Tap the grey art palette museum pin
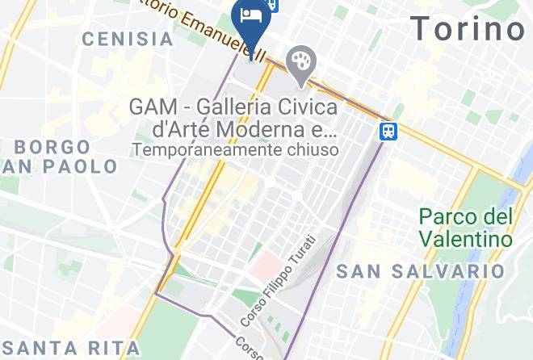[x=301, y=62]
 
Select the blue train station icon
[x=389, y=130]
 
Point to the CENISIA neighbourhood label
[x=128, y=38]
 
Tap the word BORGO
[x=52, y=147]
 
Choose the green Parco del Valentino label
[x=466, y=228]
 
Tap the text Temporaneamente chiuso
[x=235, y=149]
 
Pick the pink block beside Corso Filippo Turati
[x=263, y=263]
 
